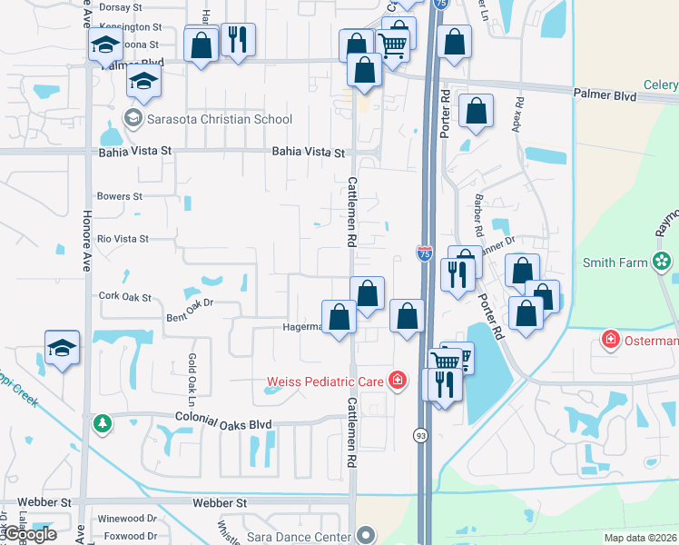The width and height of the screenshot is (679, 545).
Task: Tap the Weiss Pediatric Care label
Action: pos(324,381)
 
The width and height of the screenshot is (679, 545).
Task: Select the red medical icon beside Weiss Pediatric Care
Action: pos(397,380)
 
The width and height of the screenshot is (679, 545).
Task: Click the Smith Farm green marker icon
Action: pos(663,263)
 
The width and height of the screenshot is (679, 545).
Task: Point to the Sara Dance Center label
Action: pos(298,536)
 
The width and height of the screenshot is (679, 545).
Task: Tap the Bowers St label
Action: pos(120,196)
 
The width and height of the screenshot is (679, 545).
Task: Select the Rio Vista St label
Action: pos(123,239)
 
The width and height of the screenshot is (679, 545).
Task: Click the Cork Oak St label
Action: pos(124,296)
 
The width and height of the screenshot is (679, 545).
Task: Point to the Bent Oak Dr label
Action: pos(189,311)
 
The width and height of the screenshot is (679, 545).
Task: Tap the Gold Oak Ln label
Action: pos(192,379)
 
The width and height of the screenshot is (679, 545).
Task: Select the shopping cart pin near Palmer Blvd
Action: pos(392,44)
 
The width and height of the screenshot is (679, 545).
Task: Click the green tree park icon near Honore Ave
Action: pos(103,423)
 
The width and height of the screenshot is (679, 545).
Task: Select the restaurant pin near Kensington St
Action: pos(238,39)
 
